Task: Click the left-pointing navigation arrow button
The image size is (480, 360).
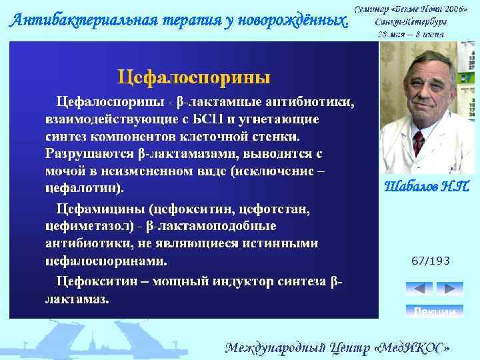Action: (419, 289)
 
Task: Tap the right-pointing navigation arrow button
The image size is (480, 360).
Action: (449, 289)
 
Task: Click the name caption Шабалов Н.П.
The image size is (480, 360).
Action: (427, 187)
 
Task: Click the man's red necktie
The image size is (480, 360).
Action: (418, 143)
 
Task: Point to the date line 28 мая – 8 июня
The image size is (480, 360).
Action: (411, 33)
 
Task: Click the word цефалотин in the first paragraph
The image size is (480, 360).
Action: (81, 187)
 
